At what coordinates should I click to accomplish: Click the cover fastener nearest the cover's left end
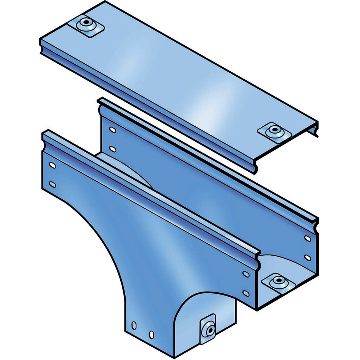tap(86, 24)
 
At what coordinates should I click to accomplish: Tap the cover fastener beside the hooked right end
tap(275, 130)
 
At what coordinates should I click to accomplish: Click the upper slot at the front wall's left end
tap(52, 166)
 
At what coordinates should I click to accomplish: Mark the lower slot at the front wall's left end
tap(53, 184)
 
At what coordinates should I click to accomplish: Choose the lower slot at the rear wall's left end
tap(113, 148)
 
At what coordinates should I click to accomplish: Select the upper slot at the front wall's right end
tap(246, 274)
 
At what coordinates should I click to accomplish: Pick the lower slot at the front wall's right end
tap(246, 293)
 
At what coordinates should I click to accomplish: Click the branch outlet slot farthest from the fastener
tap(134, 325)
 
